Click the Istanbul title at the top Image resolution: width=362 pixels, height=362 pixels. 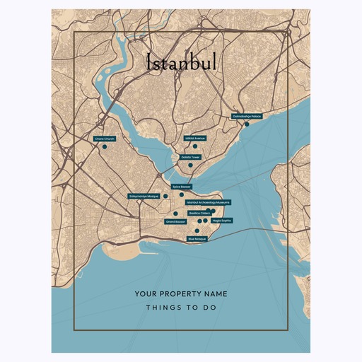pos(181,63)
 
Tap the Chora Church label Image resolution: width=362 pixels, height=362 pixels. pos(104,139)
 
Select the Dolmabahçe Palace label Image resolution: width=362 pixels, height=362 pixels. pos(247,117)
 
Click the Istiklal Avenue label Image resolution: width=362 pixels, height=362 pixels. pos(195,139)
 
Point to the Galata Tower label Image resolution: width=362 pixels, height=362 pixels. pos(191,157)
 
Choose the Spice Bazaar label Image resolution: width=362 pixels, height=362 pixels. pos(181,187)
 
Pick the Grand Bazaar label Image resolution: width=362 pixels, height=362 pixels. pos(175,221)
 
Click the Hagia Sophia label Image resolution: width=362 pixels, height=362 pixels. pos(221,220)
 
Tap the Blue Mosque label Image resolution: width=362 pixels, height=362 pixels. pos(197,239)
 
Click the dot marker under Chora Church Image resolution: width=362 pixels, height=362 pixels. pos(104,147)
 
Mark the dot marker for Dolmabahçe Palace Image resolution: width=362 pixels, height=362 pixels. pos(247,124)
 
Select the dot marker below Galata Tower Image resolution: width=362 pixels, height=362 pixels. pos(190,165)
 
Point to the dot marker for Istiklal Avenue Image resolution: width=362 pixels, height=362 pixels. pos(195,146)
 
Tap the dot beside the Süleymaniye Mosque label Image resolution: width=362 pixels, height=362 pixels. pos(165,197)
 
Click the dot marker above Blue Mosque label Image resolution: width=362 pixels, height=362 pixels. pos(197,230)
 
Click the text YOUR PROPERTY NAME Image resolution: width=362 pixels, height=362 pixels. pos(181,293)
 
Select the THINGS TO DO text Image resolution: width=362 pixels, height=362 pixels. pos(181,308)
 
